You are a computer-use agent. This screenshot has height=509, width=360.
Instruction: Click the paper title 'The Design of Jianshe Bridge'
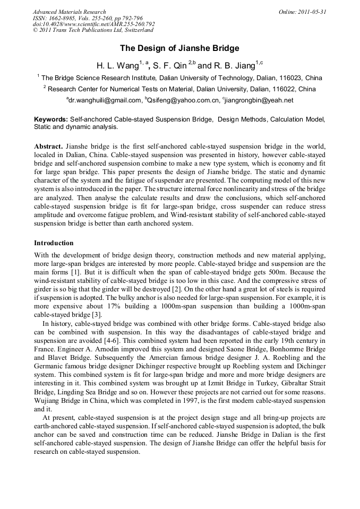pyautogui.click(x=179, y=48)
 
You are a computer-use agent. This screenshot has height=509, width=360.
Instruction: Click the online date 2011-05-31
pyautogui.click(x=302, y=12)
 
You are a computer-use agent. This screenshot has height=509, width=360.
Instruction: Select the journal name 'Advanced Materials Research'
pyautogui.click(x=70, y=12)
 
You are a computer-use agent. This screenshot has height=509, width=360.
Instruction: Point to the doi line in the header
pyautogui.click(x=94, y=24)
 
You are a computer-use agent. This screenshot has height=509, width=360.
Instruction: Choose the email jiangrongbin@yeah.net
pyautogui.click(x=259, y=100)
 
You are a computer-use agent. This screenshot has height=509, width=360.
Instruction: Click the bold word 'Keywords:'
pyautogui.click(x=51, y=120)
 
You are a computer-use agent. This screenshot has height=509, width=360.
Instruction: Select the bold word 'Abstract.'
pyautogui.click(x=48, y=146)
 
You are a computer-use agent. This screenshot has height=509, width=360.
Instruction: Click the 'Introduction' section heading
pyautogui.click(x=54, y=243)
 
